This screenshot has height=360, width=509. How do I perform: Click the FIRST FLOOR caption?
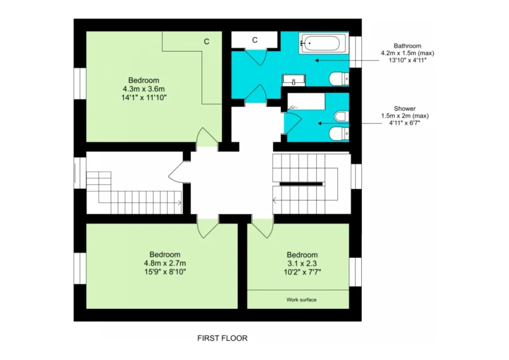coord(223,338)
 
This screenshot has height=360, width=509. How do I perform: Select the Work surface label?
coord(302,300)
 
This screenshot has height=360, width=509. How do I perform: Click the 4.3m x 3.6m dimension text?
coord(144,89)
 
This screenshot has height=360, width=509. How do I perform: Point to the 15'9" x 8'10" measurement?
coord(165,272)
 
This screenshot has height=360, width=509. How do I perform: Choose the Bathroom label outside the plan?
coord(408,46)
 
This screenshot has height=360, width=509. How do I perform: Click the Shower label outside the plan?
coord(405,109)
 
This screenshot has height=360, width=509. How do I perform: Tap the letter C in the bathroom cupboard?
coord(254,40)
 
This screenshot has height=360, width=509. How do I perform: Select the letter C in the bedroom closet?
coord(207,42)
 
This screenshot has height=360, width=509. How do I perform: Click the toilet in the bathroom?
coord(339,79)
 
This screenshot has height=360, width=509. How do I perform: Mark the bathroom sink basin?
coord(294,80)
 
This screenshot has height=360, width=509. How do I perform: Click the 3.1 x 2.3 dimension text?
coord(302,264)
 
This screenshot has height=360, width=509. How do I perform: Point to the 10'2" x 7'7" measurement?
coord(302,272)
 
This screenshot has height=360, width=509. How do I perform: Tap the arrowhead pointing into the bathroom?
coord(317,60)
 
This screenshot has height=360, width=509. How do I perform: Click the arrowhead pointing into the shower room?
coord(319,123)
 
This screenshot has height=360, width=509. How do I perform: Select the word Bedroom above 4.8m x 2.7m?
coord(165,255)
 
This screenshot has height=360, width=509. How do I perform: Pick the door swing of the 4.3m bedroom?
coord(207,137)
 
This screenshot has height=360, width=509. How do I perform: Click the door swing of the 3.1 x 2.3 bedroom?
coord(263,229)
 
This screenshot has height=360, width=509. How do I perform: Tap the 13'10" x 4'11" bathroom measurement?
coord(408,60)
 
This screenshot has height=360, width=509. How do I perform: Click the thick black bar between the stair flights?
coord(301,184)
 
